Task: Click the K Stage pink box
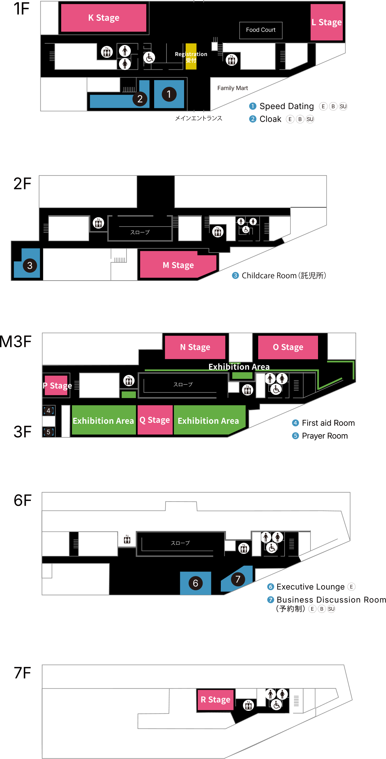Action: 103,18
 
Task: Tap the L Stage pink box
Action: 326,22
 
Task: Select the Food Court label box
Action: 261,30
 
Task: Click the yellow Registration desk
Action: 191,56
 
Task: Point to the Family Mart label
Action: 233,88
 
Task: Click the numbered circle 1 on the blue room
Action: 169,94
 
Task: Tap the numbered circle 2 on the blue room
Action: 140,99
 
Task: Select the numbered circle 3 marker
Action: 30,266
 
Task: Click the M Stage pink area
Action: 178,265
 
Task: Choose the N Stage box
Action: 195,347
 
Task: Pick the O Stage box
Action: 288,347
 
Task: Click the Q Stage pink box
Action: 155,420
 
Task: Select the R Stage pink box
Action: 216,699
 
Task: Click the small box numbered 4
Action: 48,411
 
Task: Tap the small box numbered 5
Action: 48,432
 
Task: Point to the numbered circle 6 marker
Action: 195,583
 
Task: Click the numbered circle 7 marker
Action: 238,579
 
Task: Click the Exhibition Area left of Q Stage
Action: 103,421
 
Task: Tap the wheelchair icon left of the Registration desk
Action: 149,58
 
